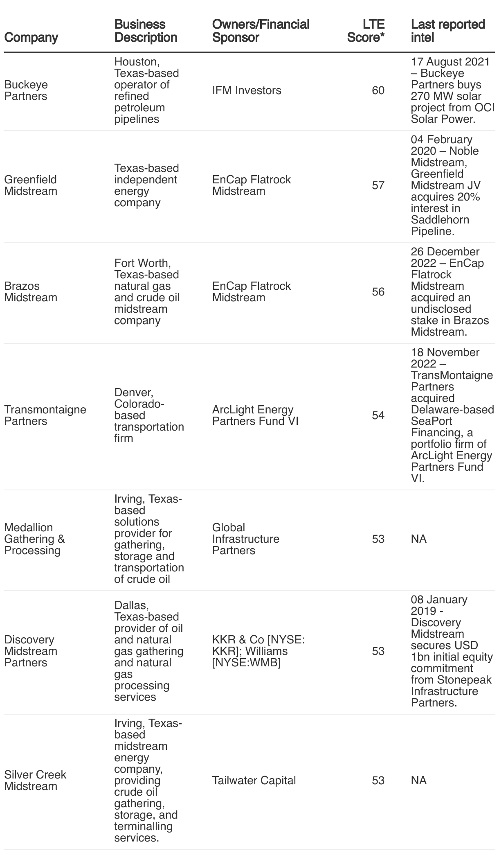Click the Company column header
31,37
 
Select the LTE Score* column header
366,31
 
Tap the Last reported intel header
447,31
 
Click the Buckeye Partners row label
26,90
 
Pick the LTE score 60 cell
378,90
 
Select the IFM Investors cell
247,90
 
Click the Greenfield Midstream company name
31,185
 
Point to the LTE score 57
378,185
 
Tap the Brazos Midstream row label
31,292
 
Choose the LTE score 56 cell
378,292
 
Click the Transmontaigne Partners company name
45,415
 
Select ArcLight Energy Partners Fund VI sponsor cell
255,415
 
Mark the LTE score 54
378,415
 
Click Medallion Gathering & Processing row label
34,539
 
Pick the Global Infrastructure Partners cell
245,539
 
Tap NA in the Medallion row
418,539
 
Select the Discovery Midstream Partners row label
31,651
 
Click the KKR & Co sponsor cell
258,651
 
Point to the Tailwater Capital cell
254,781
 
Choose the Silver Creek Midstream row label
35,781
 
